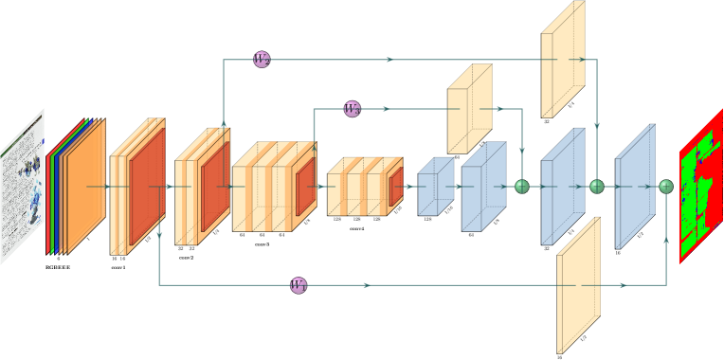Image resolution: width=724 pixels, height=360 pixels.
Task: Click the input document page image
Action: (23, 188)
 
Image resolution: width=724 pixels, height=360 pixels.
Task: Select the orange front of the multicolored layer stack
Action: (85, 188)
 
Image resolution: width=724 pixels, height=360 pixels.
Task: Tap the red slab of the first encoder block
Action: (147, 187)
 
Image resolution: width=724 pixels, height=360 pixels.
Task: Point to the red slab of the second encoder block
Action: (214, 186)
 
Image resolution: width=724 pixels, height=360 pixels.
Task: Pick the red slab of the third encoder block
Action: (305, 187)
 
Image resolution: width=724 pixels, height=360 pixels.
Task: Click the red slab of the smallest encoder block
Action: (395, 188)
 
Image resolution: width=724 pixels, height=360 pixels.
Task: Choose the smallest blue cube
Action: (434, 188)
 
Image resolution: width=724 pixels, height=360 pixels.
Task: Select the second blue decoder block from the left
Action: (481, 188)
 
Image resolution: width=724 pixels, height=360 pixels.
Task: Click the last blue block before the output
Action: (634, 188)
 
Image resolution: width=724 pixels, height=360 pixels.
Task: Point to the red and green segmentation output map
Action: (700, 187)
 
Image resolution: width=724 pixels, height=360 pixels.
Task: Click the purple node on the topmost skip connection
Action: (262, 60)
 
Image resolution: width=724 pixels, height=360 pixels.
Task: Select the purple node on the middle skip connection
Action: (352, 109)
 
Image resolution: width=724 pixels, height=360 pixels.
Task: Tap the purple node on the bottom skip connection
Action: (299, 285)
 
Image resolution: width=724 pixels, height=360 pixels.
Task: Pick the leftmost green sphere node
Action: (522, 187)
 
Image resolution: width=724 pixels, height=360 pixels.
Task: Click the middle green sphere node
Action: (596, 187)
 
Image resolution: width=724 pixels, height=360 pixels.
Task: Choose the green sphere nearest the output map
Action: (666, 187)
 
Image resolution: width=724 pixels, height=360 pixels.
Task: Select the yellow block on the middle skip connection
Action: (468, 109)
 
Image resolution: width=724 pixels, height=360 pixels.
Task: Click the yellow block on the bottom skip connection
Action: (577, 285)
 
